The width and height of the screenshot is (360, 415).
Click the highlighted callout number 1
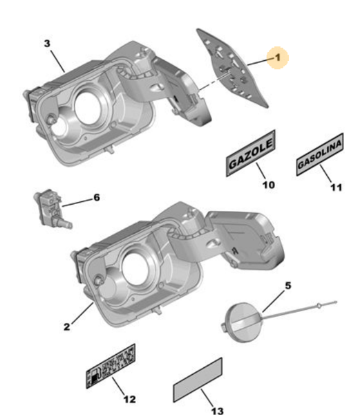278,59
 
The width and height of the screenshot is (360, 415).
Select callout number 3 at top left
47,43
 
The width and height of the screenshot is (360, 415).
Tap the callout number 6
96,198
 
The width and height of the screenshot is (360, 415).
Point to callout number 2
66,327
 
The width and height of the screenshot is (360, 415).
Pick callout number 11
335,187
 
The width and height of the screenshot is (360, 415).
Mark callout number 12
129,399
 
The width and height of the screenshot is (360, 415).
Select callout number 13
217,411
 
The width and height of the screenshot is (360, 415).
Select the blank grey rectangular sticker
198,379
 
